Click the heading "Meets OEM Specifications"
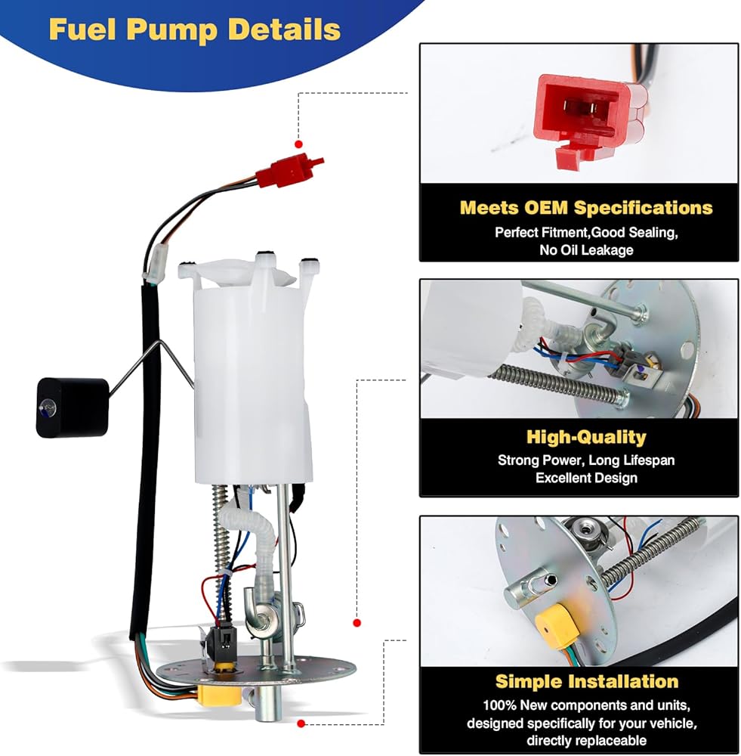pos(586,208)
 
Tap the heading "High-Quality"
pos(586,437)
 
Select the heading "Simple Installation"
pos(587,681)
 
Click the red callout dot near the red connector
pos(298,144)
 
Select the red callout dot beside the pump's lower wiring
pos(357,623)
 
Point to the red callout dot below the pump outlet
pos(301,723)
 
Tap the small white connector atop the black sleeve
pos(157,265)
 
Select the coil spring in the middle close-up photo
pos(559,381)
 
